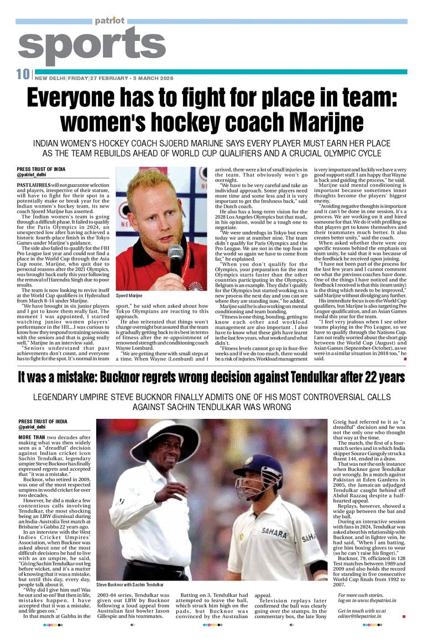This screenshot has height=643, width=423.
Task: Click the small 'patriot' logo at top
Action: pyautogui.click(x=109, y=20)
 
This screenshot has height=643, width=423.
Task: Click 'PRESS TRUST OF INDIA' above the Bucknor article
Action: pyautogui.click(x=41, y=422)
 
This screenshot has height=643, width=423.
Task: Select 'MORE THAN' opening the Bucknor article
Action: pyautogui.click(x=32, y=437)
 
